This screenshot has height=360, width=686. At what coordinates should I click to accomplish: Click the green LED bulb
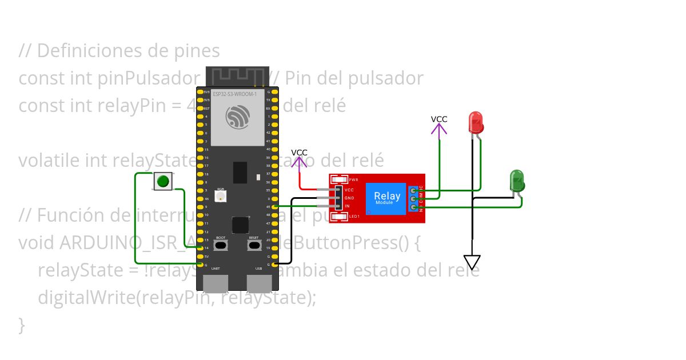517,180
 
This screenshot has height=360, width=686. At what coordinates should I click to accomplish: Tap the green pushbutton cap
163,182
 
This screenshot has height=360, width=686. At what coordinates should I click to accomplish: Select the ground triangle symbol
472,262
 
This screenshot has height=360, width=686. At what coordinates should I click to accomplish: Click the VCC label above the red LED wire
439,119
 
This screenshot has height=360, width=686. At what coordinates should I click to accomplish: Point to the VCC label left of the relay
299,153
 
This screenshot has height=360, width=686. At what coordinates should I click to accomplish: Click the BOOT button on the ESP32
221,245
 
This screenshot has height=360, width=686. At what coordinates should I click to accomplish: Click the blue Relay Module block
387,198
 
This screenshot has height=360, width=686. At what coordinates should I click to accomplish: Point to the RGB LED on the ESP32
221,196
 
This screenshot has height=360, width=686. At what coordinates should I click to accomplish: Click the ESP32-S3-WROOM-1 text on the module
234,94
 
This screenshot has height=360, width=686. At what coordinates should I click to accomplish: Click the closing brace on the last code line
22,325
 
